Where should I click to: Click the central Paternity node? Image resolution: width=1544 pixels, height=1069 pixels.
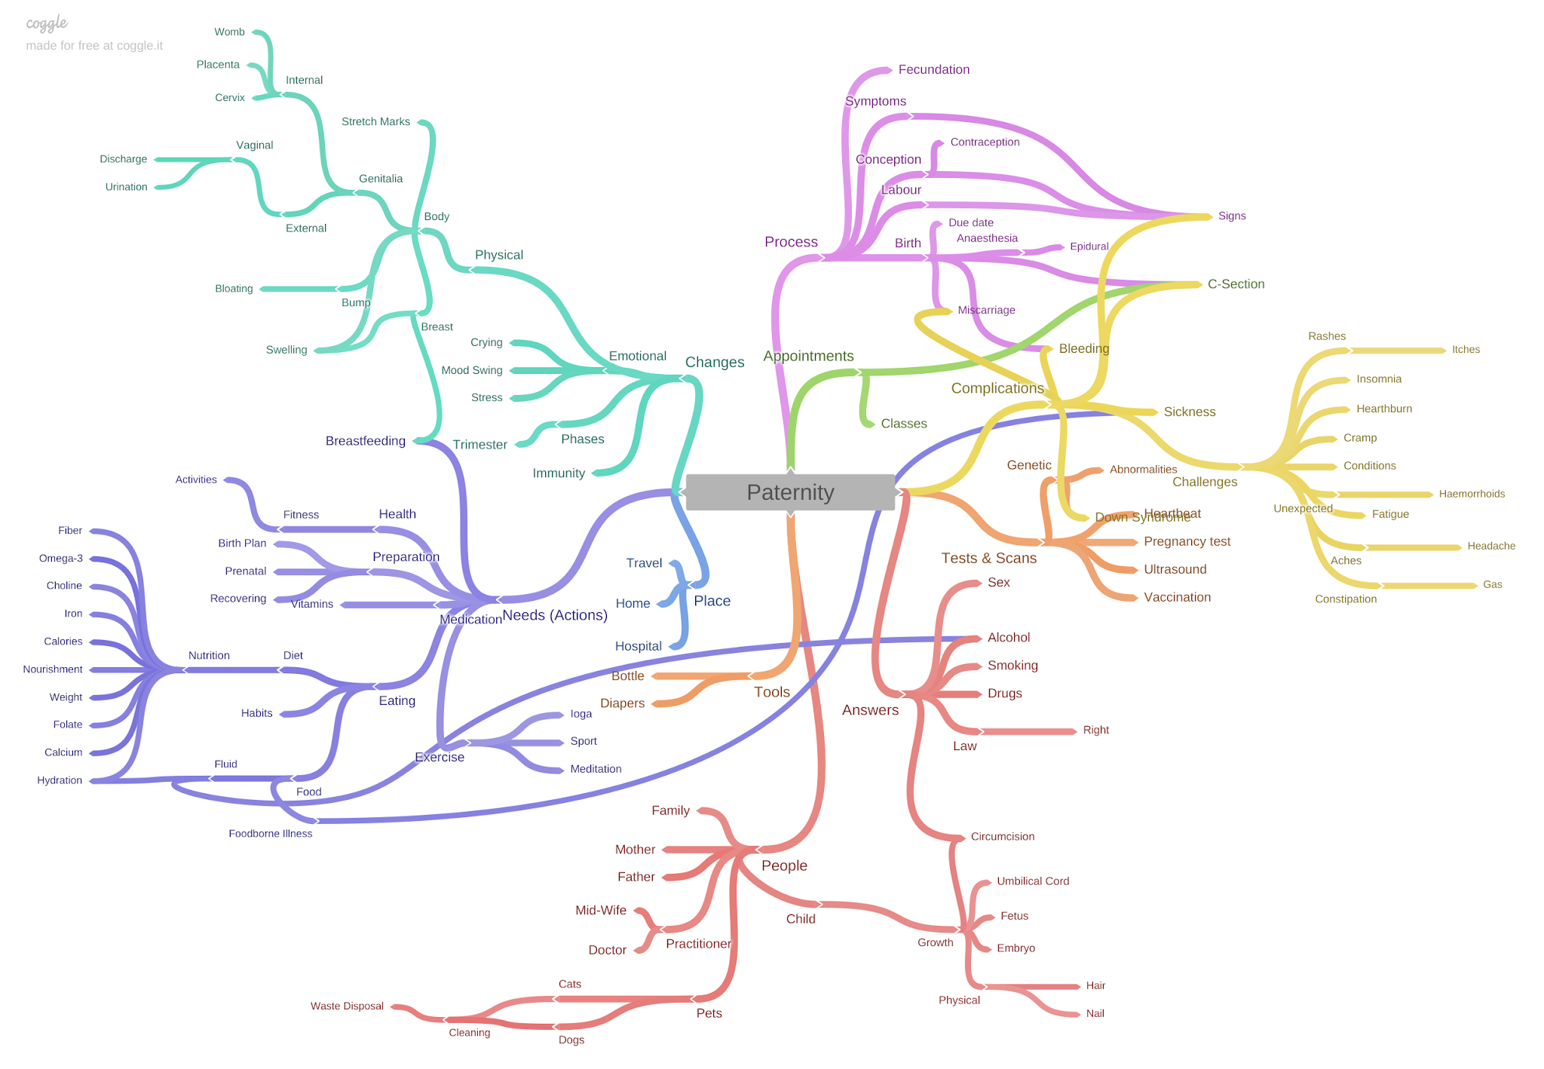tap(790, 492)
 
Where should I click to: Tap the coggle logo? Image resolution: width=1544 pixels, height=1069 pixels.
tap(47, 24)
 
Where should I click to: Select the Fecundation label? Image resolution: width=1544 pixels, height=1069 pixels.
tap(933, 69)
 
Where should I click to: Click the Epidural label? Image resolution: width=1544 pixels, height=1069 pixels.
tap(1089, 247)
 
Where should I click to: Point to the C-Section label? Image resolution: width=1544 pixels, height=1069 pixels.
tap(1236, 284)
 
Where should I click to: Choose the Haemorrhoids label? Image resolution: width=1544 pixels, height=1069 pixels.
tap(1471, 494)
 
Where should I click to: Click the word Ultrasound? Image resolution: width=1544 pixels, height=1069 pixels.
tap(1175, 569)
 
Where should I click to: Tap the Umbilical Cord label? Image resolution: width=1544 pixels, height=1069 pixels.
tap(1032, 881)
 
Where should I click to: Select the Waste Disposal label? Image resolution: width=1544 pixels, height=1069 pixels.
tap(347, 1006)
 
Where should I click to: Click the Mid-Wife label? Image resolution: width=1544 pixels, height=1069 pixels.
tap(600, 910)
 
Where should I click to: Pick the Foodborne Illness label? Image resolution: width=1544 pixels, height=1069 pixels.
tap(270, 833)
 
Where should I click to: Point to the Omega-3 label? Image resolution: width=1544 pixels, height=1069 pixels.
tap(60, 558)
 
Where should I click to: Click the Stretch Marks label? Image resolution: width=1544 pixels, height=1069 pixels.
tap(375, 121)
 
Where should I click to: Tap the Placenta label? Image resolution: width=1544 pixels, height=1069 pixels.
tap(218, 65)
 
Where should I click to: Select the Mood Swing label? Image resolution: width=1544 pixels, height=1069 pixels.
tap(471, 370)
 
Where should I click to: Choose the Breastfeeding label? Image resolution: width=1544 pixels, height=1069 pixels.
tap(365, 441)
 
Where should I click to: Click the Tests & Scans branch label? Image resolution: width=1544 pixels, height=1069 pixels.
tap(988, 558)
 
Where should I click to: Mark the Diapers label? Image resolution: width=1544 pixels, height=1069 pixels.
tap(622, 703)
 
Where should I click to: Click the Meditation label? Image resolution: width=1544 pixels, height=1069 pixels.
tap(596, 769)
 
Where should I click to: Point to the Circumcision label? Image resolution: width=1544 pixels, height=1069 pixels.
tap(1002, 836)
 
